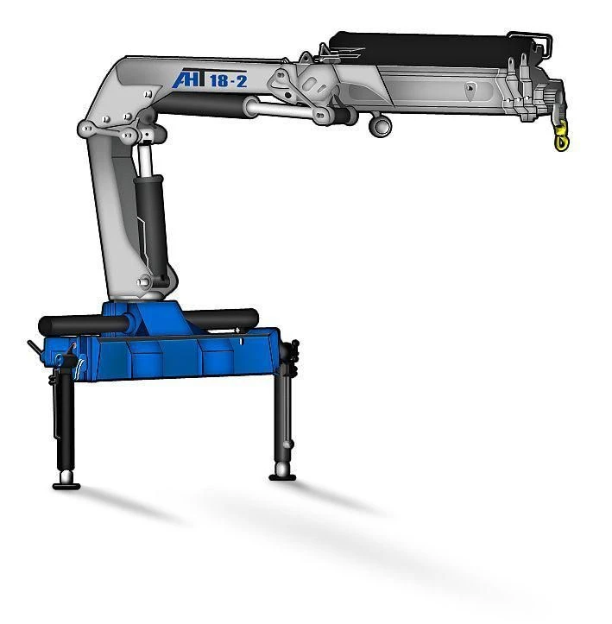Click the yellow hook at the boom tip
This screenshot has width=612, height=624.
[562, 138]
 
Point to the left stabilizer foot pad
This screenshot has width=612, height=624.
[66, 484]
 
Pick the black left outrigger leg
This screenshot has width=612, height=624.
[63, 423]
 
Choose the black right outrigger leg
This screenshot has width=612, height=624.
[282, 414]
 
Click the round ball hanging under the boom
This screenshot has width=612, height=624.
[380, 126]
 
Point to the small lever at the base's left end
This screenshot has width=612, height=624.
[34, 347]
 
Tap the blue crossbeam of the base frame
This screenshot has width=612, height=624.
[173, 354]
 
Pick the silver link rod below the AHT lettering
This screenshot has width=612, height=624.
[285, 110]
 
